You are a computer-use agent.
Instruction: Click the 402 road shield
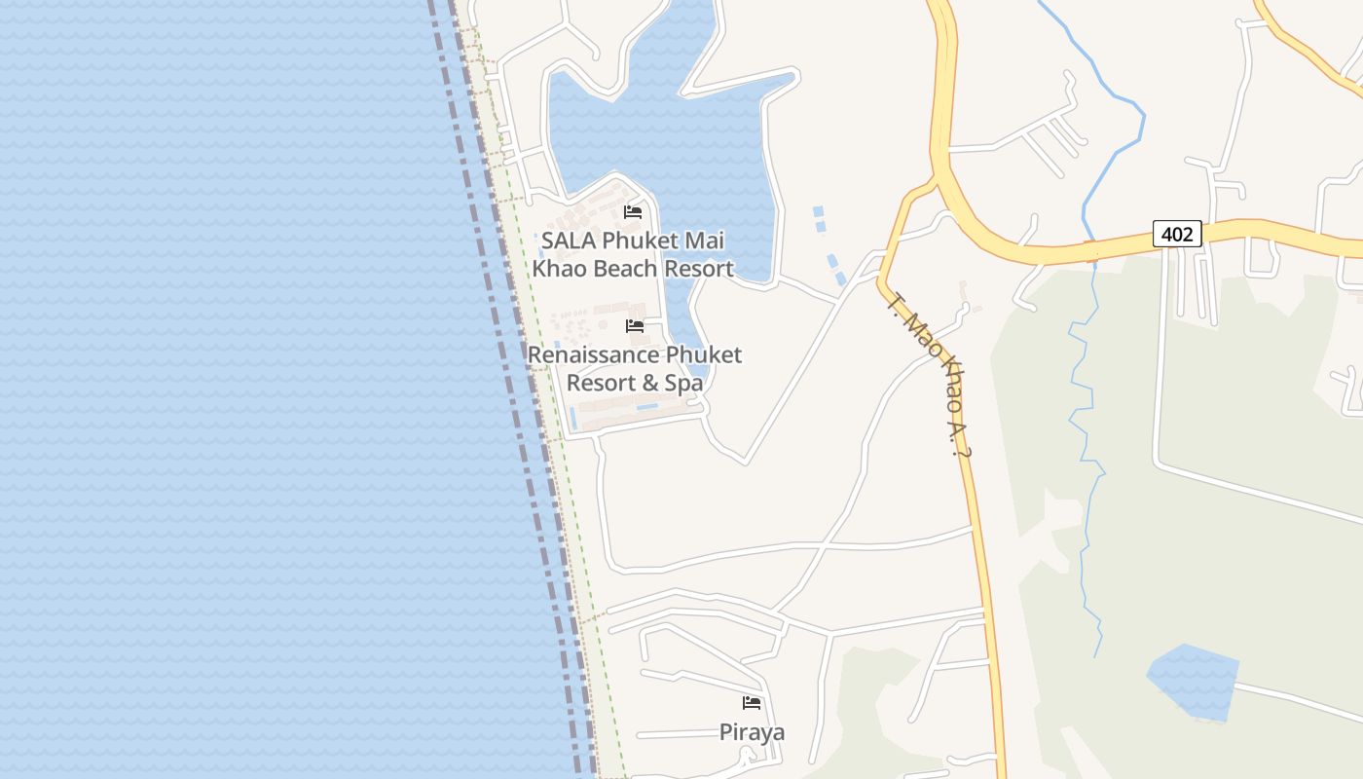coord(1177,234)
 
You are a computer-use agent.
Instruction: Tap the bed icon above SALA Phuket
coord(633,211)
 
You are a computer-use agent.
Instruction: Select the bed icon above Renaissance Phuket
coord(635,326)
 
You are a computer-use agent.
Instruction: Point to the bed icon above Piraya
coord(752,702)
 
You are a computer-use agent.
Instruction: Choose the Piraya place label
coord(752,732)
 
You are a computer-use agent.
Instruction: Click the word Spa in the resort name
coord(683,383)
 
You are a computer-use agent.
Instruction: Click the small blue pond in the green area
coord(1192,682)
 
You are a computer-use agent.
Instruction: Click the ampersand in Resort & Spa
coord(650,383)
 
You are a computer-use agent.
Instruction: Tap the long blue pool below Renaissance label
coord(646,406)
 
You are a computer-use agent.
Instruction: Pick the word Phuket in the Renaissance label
coord(703,355)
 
